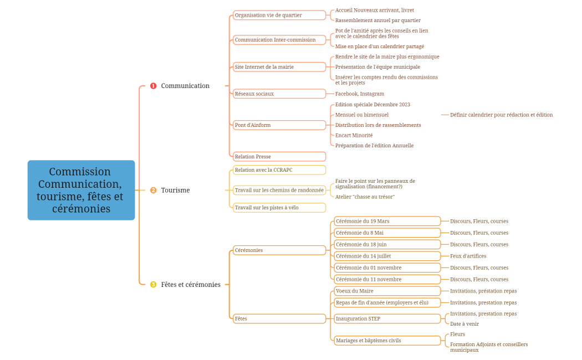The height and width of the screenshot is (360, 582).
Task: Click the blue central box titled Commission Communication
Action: pyautogui.click(x=81, y=190)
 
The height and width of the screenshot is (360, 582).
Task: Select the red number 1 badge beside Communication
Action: pyautogui.click(x=154, y=86)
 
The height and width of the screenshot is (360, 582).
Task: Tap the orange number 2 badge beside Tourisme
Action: pyautogui.click(x=154, y=190)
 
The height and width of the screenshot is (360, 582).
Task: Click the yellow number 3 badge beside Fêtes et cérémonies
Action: pyautogui.click(x=154, y=285)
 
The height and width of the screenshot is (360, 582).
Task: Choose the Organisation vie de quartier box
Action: pyautogui.click(x=279, y=16)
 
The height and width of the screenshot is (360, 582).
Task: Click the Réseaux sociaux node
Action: pyautogui.click(x=279, y=94)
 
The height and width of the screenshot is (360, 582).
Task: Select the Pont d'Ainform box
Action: pyautogui.click(x=279, y=125)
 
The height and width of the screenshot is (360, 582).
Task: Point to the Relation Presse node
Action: pyautogui.click(x=279, y=157)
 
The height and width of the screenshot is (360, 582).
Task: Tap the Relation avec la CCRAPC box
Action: pyautogui.click(x=279, y=170)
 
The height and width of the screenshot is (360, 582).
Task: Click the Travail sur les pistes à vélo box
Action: pyautogui.click(x=279, y=208)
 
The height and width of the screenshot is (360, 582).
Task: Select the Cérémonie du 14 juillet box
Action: pyautogui.click(x=387, y=256)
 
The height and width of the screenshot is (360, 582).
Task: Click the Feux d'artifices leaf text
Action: pyautogui.click(x=468, y=256)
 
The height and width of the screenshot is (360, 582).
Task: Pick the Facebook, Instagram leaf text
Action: pyautogui.click(x=360, y=94)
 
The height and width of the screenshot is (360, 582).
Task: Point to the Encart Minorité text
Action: pyautogui.click(x=354, y=135)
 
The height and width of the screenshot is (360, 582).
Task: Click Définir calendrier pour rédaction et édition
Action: pyautogui.click(x=501, y=115)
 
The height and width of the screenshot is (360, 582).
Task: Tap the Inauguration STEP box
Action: pyautogui.click(x=387, y=318)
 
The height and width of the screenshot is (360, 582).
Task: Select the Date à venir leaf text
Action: pyautogui.click(x=464, y=324)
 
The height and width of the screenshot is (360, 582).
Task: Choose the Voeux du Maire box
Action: pyautogui.click(x=387, y=291)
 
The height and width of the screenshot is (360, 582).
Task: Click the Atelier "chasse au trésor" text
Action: pyautogui.click(x=365, y=197)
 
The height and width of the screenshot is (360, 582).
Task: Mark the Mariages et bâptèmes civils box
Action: pyautogui.click(x=387, y=341)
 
